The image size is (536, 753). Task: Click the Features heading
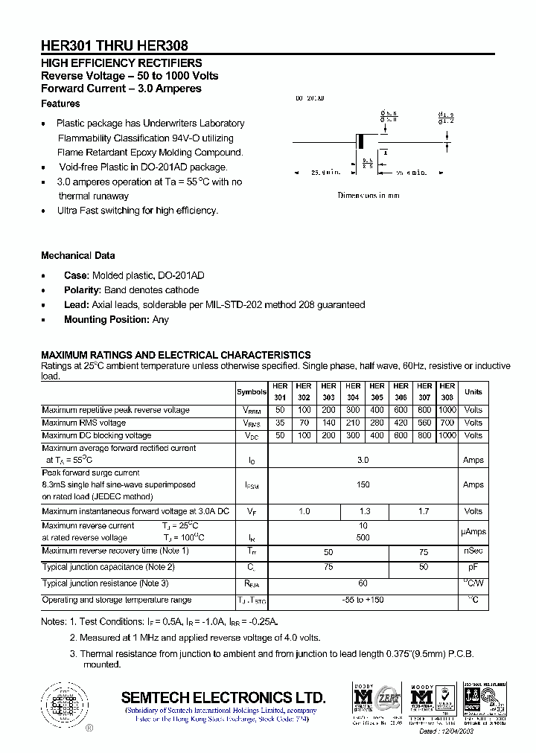pos(60,103)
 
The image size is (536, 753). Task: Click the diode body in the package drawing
pos(363,141)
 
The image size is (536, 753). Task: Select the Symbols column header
pos(252,392)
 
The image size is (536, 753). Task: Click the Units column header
pos(473,392)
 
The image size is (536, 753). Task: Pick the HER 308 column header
pos(447,392)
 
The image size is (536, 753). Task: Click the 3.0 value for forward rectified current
pos(363,460)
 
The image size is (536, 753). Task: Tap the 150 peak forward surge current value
pos(363,484)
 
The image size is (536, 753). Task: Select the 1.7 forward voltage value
pos(424,511)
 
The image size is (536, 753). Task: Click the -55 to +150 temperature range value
pos(363,600)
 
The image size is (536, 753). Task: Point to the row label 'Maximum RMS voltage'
pos(84,423)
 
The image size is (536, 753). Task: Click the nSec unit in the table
pos(473,551)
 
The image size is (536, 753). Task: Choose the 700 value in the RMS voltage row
pos(447,423)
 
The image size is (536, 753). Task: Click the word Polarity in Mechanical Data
pos(82,290)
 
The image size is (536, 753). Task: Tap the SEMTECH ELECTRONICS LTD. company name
pos(223,698)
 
